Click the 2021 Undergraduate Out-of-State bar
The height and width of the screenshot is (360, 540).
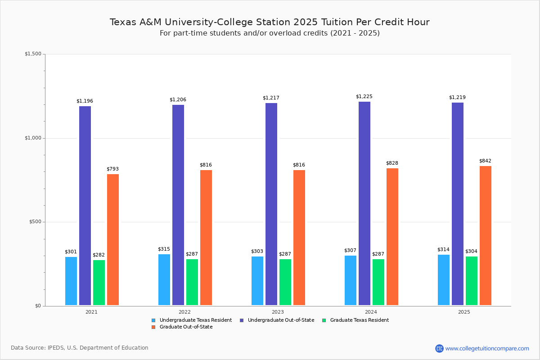tap(85, 206)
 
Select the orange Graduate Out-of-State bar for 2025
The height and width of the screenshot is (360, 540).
tap(486, 235)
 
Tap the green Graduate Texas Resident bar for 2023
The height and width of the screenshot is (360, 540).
tap(285, 282)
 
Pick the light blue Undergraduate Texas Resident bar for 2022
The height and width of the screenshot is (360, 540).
tap(164, 279)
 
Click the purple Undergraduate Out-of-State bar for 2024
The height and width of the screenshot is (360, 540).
tap(364, 203)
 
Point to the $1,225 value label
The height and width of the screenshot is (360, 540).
tap(364, 97)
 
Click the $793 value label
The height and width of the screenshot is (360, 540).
tap(112, 169)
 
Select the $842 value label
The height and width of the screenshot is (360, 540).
tap(485, 161)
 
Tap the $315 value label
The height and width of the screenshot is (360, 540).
tap(164, 249)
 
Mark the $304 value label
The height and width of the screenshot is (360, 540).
tap(471, 252)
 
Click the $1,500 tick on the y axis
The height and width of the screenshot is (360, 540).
tap(33, 54)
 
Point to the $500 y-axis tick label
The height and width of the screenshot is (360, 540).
tap(35, 222)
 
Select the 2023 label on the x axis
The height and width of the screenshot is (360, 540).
tap(278, 312)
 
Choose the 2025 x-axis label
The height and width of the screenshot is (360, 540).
tap(464, 312)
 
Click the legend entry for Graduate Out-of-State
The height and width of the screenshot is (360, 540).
tap(186, 327)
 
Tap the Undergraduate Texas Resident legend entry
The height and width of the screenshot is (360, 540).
tap(195, 320)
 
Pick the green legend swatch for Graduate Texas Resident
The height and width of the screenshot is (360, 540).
tap(324, 320)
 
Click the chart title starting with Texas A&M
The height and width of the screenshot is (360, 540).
tap(270, 22)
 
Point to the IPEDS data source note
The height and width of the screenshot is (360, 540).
tap(80, 348)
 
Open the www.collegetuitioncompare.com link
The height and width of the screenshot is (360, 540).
tap(487, 348)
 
